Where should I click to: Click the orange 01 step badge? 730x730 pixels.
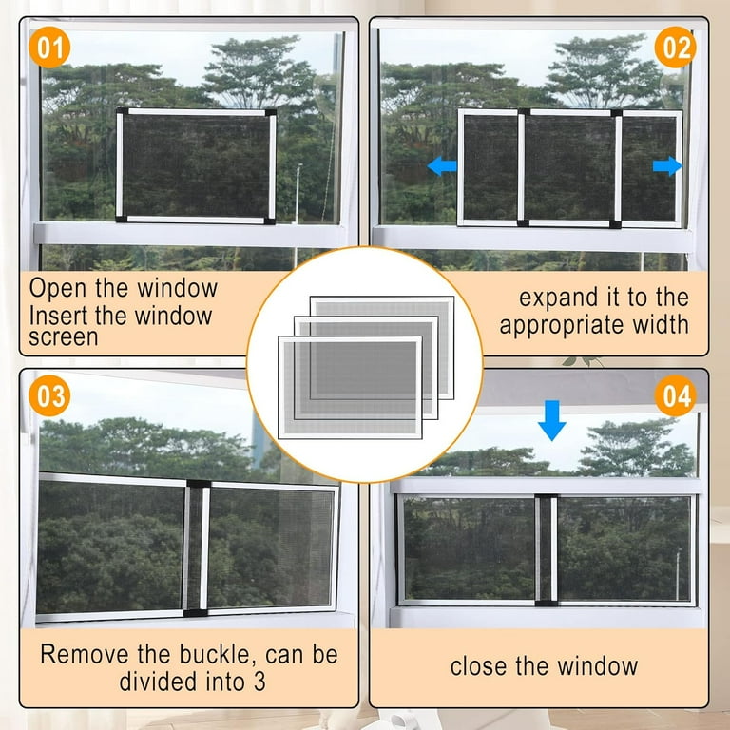[49, 47]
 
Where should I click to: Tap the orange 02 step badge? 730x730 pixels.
[675, 47]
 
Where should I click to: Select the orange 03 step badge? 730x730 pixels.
[49, 395]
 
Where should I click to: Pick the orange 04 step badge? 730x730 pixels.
[675, 395]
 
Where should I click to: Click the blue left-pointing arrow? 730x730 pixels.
[442, 165]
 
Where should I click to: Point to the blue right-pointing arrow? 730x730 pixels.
[667, 165]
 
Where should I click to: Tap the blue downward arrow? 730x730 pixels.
[551, 420]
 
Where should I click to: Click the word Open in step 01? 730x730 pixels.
[58, 289]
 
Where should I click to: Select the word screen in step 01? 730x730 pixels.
[64, 338]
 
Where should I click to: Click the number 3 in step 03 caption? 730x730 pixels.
[259, 682]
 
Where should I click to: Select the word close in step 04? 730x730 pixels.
[479, 666]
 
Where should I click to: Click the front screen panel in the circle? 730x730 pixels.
[350, 388]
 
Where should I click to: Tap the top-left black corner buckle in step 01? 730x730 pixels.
[122, 112]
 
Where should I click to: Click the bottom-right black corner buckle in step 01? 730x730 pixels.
[270, 221]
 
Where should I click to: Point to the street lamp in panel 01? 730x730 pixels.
[298, 193]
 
